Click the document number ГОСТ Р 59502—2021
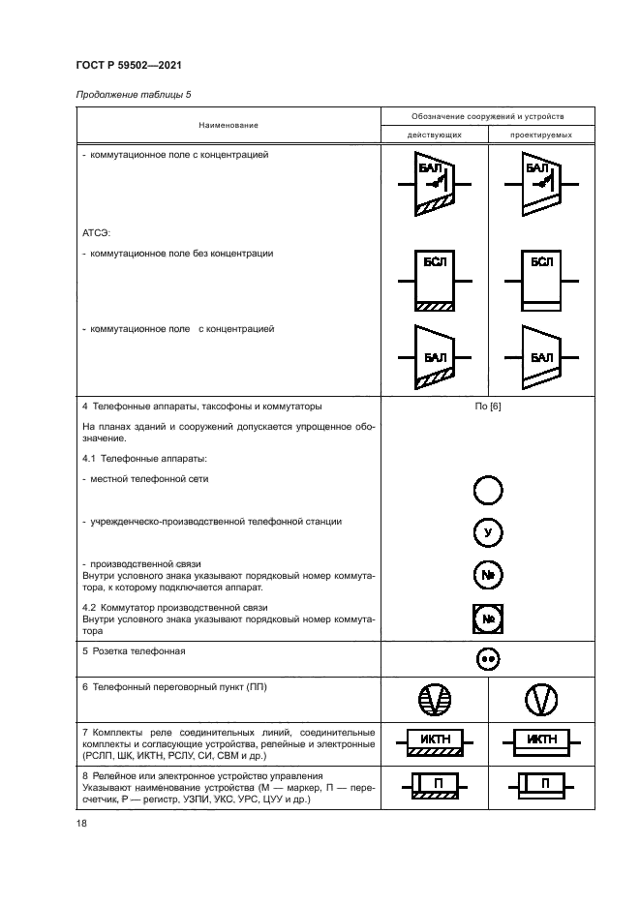tap(128, 66)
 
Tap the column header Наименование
tap(229, 125)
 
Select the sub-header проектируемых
tap(541, 135)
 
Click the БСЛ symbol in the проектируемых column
tap(542, 281)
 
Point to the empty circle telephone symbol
tap(488, 492)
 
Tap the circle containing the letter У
tap(488, 533)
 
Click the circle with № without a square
tap(488, 575)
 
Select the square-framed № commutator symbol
tap(488, 618)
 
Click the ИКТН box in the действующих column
tap(434, 743)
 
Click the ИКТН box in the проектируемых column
tap(542, 743)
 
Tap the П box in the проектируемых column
tap(542, 784)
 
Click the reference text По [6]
tap(488, 407)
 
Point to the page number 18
tap(80, 824)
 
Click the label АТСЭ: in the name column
tap(97, 233)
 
